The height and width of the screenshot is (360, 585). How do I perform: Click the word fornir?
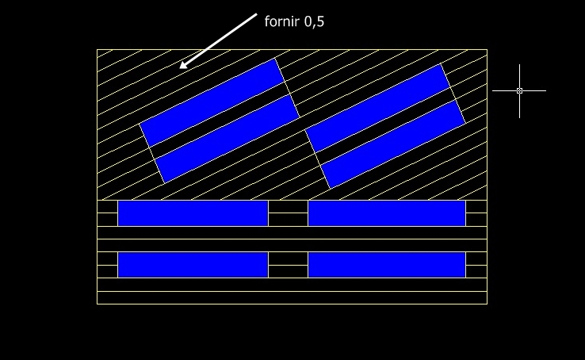(x=281, y=21)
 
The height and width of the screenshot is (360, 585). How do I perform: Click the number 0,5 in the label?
(x=314, y=21)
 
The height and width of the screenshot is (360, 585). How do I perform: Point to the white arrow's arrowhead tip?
(x=180, y=68)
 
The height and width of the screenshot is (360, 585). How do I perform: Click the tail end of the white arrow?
(x=257, y=13)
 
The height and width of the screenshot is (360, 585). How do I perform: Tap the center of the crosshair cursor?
(x=519, y=90)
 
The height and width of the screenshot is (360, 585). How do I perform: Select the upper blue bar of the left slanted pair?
(x=212, y=102)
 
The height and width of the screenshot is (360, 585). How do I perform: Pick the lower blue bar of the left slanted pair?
(x=227, y=140)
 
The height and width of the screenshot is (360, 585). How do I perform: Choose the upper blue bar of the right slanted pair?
(x=378, y=108)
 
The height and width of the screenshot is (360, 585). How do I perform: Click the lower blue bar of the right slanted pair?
(x=393, y=144)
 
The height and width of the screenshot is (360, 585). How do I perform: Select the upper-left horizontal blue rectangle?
(x=193, y=213)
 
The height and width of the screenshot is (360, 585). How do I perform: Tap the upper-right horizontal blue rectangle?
(x=386, y=213)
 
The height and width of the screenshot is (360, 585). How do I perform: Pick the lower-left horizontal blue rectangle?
(x=193, y=265)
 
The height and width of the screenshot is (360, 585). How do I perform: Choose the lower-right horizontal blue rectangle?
(x=386, y=265)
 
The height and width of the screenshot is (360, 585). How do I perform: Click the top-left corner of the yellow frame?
(x=97, y=50)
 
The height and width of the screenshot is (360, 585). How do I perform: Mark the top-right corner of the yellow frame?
(x=487, y=50)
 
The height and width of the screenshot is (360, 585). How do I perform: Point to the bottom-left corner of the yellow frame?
(x=97, y=304)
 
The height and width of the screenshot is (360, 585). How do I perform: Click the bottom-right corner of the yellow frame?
(x=487, y=304)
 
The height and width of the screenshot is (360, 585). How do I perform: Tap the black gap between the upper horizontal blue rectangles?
(x=288, y=213)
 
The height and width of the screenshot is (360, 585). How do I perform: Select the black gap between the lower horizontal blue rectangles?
(x=288, y=265)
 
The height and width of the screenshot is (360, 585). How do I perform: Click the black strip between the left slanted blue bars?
(x=220, y=121)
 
